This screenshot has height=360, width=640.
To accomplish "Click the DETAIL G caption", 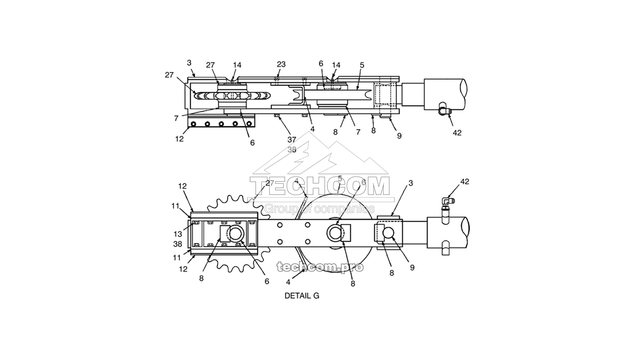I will point(302,296).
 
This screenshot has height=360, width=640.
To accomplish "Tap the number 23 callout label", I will point(281,64).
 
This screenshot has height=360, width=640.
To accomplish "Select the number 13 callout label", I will point(178,234).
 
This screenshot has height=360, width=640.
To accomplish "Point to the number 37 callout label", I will point(292,140).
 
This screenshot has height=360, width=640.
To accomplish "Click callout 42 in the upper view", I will point(457,133).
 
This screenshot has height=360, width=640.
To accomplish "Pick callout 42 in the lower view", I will point(464,182).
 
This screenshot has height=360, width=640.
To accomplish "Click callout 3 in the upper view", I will point(189,63).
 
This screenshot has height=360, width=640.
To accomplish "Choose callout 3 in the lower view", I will point(410,183).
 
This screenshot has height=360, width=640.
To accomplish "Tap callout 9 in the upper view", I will point(399,136).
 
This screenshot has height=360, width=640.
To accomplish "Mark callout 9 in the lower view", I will point(412,268).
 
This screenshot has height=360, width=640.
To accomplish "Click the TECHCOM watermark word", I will point(320,186).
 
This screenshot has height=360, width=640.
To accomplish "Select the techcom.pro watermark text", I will point(320,266).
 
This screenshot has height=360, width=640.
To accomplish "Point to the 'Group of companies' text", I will point(319,209).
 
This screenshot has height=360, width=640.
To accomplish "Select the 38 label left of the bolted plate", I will point(178,244).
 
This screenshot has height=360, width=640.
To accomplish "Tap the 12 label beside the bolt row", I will point(179,139).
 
